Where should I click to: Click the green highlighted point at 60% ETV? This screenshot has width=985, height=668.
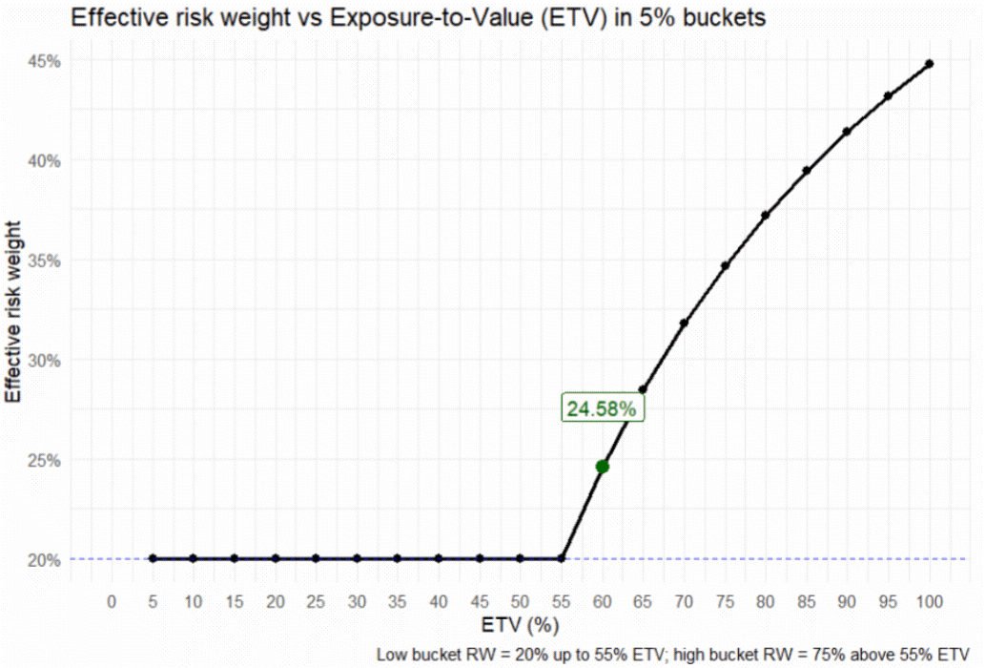[x=602, y=467]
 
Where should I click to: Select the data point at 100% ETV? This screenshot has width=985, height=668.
[x=930, y=64]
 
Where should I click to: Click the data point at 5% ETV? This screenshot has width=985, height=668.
[x=153, y=558]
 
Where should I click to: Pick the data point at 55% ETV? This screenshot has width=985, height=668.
[x=562, y=558]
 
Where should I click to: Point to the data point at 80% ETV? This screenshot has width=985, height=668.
[x=766, y=216]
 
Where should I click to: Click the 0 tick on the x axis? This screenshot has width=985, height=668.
[x=112, y=601]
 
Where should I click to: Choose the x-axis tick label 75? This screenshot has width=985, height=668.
[x=725, y=601]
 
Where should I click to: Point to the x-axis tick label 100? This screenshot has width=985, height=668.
[x=930, y=601]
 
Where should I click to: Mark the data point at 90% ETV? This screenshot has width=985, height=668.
[x=848, y=132]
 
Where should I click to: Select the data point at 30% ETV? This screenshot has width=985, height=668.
[x=357, y=558]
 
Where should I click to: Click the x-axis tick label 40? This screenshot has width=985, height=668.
[x=439, y=601]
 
